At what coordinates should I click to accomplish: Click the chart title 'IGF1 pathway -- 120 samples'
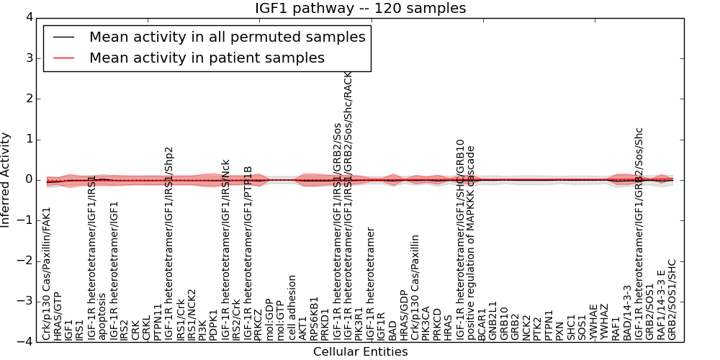360,9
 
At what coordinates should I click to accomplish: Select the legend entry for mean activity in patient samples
207,58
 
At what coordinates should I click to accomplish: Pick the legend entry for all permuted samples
227,37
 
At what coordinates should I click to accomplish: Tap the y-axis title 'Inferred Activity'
6,180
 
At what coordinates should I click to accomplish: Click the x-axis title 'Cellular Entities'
360,351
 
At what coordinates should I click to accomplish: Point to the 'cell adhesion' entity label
292,307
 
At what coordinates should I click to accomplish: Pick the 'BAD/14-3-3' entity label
627,312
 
